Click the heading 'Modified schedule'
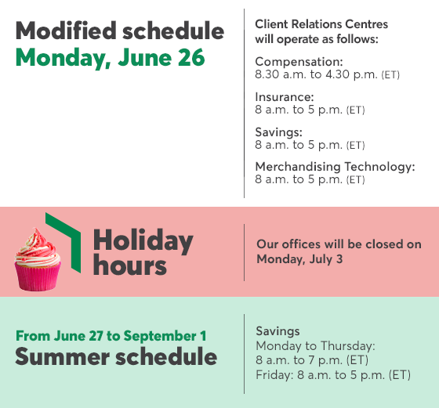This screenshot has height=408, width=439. click(x=119, y=31)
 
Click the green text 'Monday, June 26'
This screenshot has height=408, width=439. click(x=110, y=58)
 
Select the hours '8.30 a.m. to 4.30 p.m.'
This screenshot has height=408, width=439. click(x=316, y=74)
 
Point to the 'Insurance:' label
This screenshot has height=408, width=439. click(x=284, y=97)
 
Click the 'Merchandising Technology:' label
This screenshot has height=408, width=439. click(x=335, y=167)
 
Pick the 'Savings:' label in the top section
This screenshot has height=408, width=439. click(x=278, y=132)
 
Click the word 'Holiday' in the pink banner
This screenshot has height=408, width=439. click(x=143, y=240)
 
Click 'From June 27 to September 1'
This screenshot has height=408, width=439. click(x=111, y=335)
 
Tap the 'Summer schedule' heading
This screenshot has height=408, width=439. click(x=116, y=357)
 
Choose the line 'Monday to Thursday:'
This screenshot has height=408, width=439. click(x=316, y=345)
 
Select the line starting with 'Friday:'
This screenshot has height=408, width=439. click(x=333, y=374)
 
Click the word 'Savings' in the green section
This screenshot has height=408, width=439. click(x=278, y=331)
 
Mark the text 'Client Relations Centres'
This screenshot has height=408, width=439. click(x=321, y=24)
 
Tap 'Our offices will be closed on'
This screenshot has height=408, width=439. click(x=339, y=244)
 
